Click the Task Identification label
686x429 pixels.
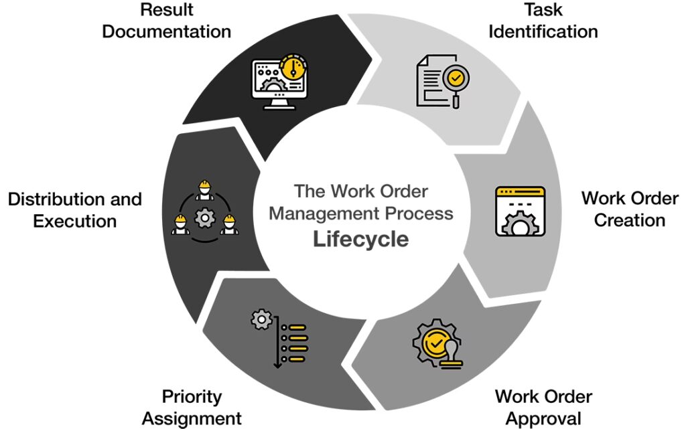point(543,21)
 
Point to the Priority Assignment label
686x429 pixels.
point(192,407)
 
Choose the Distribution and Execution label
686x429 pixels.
point(75,209)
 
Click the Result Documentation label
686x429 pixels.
point(167,21)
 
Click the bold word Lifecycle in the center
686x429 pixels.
point(361,240)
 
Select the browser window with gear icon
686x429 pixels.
point(520,211)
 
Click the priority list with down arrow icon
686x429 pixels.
point(279,338)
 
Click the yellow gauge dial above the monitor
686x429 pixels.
point(294,67)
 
